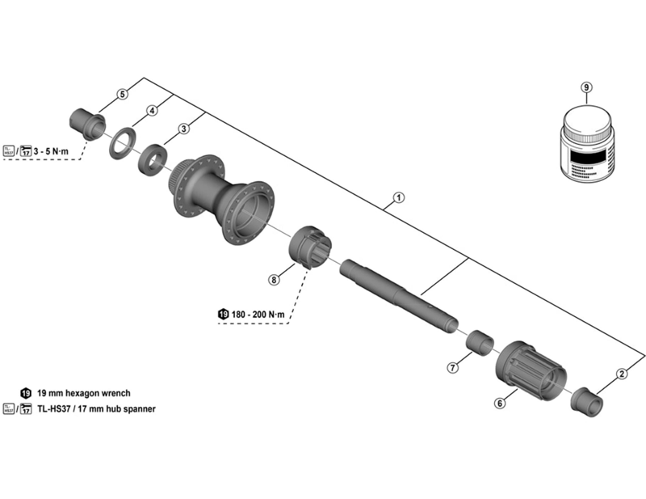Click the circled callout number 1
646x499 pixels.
(397, 197)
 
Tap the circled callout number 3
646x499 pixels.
(184, 128)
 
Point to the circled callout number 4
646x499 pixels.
(151, 111)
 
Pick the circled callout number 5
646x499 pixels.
(122, 95)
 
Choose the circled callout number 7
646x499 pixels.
(453, 368)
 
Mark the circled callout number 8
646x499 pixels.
(274, 279)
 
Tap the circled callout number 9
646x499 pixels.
(586, 87)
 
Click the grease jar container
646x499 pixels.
(587, 146)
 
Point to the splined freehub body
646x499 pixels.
(531, 371)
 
